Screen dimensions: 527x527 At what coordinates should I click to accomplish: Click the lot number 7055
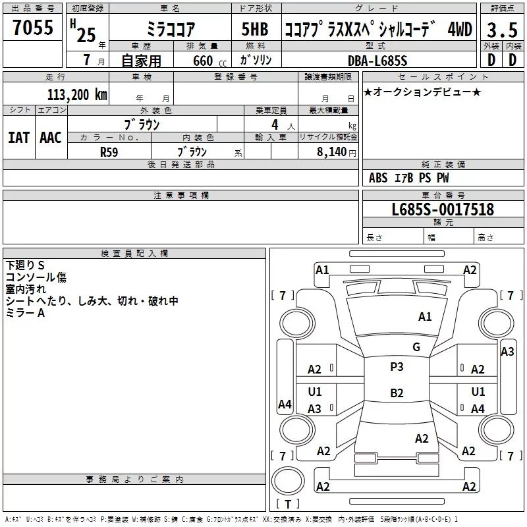coord(33,28)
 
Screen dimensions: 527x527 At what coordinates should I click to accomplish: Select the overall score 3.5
coord(501,30)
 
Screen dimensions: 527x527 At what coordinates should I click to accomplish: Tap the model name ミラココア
coord(170,30)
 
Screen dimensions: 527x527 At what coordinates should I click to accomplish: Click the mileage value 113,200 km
coord(77,95)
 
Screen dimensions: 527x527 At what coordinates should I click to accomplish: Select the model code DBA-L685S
coord(377,61)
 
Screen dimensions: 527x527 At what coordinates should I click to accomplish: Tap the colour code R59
coord(109,152)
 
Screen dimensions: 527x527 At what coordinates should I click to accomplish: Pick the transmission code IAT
coord(19,138)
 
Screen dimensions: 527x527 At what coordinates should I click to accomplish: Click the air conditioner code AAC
coord(51,138)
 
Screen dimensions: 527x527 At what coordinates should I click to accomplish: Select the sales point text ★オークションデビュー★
coord(422,92)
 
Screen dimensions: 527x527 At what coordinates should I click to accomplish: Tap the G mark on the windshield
coord(416,347)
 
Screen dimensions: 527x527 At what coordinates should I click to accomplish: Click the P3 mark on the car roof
coord(397,367)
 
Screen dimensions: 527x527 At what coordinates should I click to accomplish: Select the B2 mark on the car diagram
coord(397,393)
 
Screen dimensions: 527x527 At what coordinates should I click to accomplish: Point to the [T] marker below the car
coord(287,505)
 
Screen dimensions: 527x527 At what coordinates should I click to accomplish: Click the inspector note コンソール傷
coord(36,277)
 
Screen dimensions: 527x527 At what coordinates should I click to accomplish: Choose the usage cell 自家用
coord(141,61)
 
